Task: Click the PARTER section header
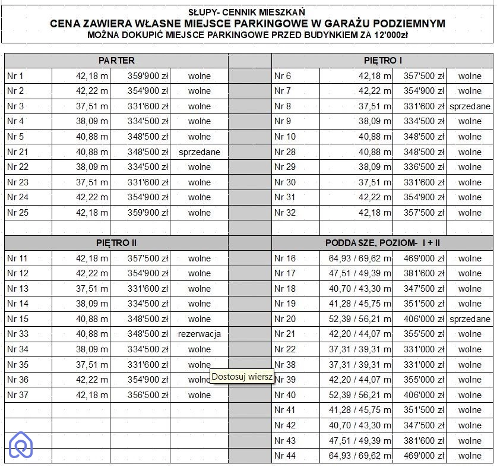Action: click(116, 60)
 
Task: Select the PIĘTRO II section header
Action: click(116, 242)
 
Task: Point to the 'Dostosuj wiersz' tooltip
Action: click(242, 376)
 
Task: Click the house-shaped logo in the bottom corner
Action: click(21, 445)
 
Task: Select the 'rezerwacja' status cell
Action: click(200, 334)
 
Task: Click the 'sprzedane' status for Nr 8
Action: click(470, 106)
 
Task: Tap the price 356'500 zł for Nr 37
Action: click(148, 395)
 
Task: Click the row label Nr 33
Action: click(17, 334)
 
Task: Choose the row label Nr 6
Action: click(283, 76)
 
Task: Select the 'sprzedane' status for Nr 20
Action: click(470, 319)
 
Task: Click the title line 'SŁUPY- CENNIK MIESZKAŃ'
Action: click(248, 11)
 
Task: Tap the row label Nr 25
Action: click(17, 213)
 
